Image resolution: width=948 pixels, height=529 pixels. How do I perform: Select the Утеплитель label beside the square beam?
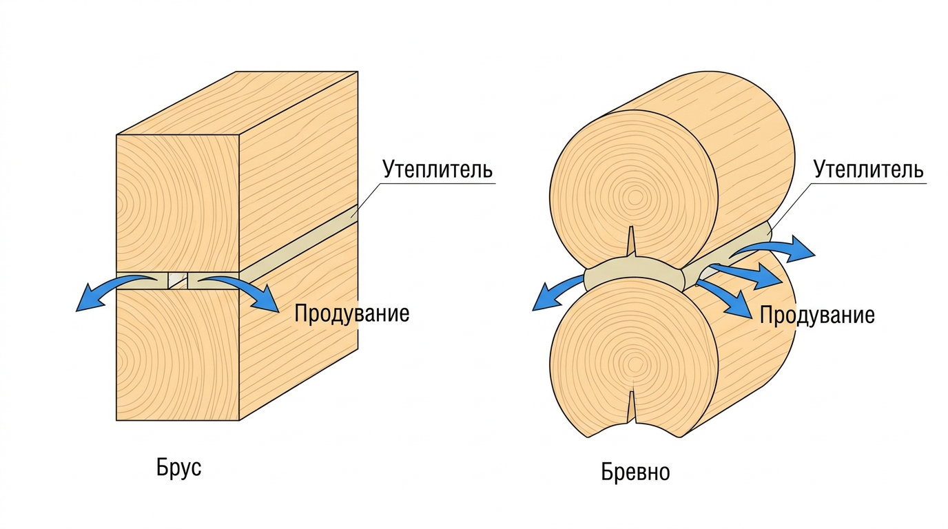coord(437,169)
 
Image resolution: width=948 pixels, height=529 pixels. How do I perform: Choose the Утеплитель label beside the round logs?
coord(869,169)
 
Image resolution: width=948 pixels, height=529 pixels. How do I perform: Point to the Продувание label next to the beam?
coord(351,313)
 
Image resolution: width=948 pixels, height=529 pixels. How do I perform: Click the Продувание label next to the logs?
coord(817,315)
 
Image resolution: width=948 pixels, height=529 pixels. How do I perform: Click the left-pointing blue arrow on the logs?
coord(555,290)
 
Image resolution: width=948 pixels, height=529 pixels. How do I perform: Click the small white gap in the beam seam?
coord(177,280)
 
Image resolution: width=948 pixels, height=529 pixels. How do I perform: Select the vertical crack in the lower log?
coord(631,406)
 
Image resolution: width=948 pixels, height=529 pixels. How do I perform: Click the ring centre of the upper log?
coord(634,198)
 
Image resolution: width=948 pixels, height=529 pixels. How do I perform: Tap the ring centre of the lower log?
coord(634,364)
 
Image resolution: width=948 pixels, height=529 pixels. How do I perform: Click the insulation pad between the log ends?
coord(634,275)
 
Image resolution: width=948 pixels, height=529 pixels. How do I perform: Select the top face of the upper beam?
coord(237,103)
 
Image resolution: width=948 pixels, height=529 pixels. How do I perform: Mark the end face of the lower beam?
coord(178,355)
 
